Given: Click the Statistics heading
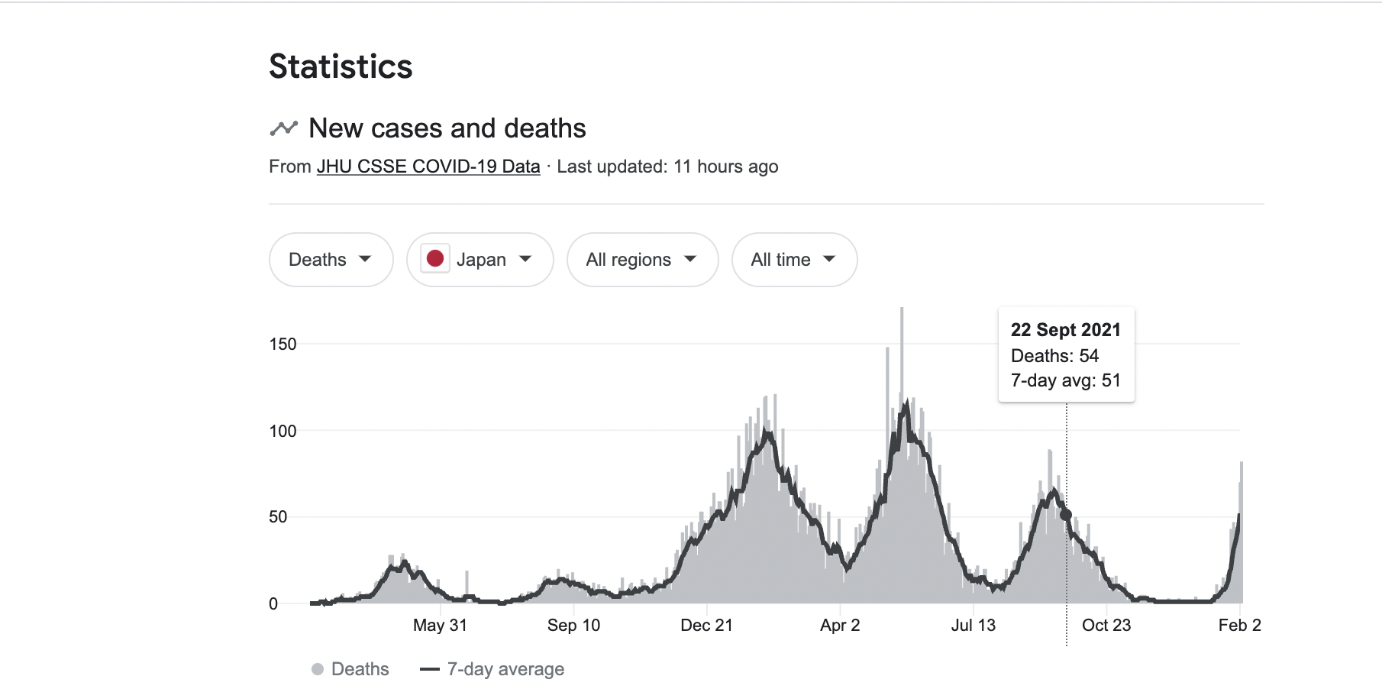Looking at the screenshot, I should [341, 66].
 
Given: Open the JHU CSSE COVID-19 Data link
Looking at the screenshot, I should [428, 167].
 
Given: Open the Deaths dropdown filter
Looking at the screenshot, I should [331, 260].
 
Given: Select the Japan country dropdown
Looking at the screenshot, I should [480, 260].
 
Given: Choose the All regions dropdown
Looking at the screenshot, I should [642, 260].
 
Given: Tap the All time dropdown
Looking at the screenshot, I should [794, 260].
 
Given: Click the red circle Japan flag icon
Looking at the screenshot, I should [435, 259].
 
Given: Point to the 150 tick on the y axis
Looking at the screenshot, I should [283, 344].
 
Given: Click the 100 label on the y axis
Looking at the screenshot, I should [283, 432].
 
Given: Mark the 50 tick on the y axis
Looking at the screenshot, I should [278, 517].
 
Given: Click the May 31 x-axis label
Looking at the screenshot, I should [440, 626].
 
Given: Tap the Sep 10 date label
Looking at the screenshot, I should [573, 626].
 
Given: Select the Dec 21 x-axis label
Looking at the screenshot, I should [706, 626].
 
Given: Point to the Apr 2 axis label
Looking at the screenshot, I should [840, 626].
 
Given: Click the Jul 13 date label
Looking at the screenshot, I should [973, 626].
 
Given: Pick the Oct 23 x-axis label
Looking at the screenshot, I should [1106, 626].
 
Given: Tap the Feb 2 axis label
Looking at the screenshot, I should [1239, 626].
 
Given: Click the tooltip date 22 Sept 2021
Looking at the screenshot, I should [1065, 330].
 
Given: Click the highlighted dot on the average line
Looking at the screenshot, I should [1066, 515].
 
